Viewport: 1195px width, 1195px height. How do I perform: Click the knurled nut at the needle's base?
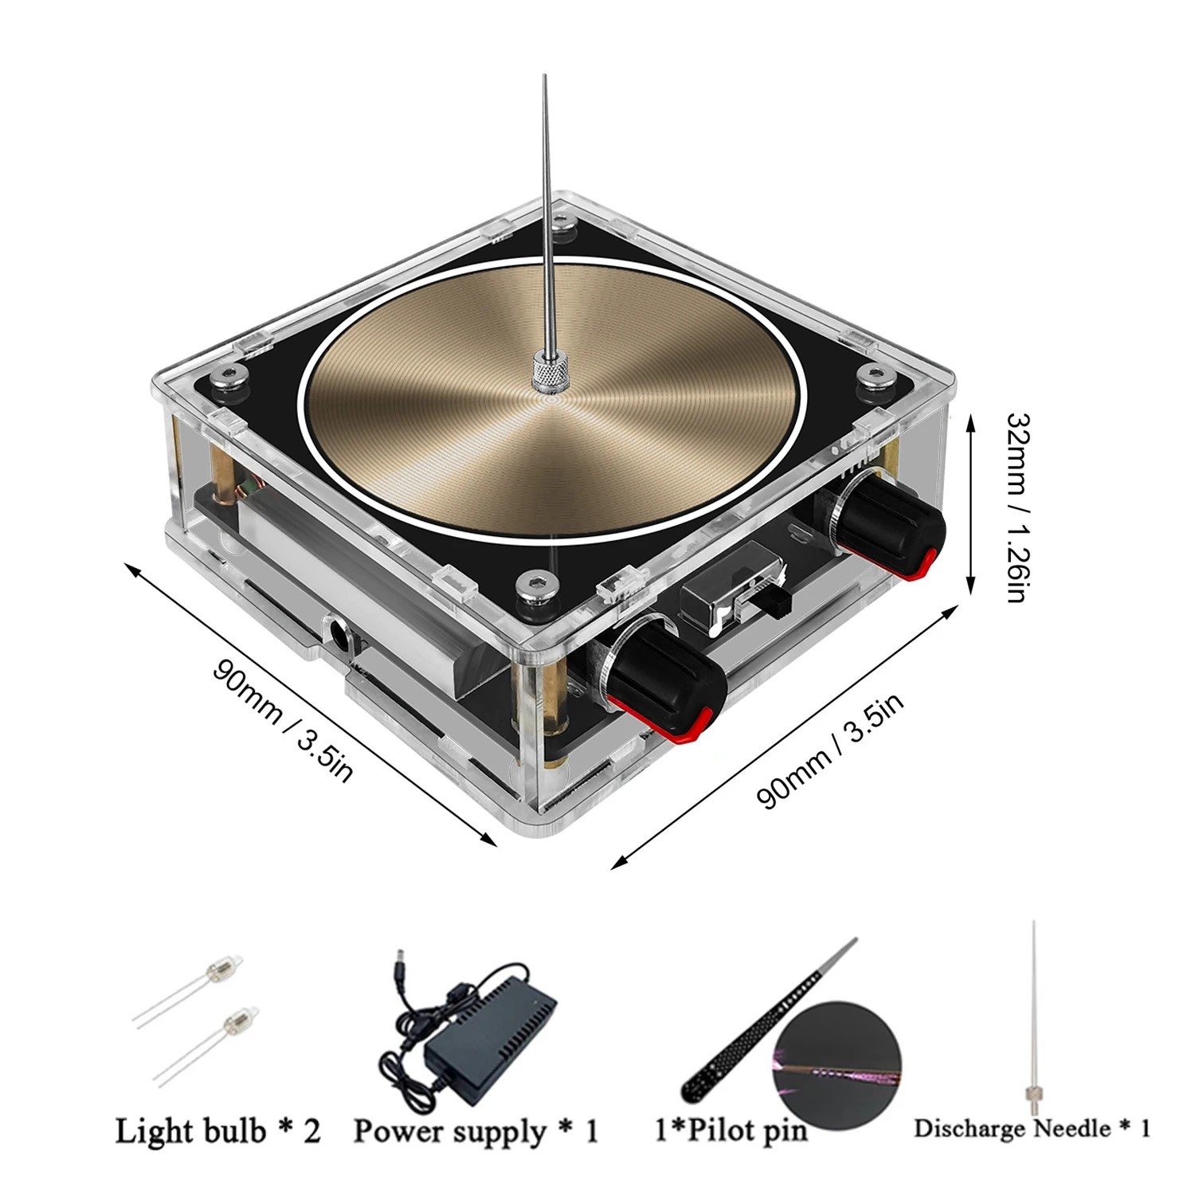click(x=549, y=374)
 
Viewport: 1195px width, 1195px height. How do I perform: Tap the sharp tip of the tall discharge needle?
click(x=545, y=78)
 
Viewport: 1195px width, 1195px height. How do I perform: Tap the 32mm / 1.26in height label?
click(x=1019, y=507)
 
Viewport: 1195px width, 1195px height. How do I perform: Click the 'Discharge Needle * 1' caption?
click(x=1032, y=1128)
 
